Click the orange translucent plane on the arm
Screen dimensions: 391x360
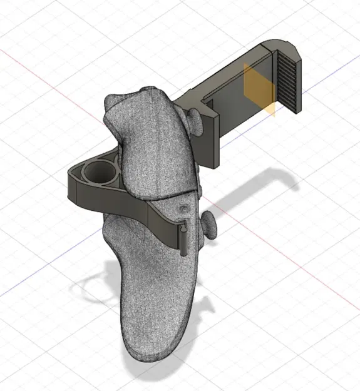pyautogui.click(x=259, y=91)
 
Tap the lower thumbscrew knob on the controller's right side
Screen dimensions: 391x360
pyautogui.click(x=209, y=223)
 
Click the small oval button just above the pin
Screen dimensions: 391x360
pyautogui.click(x=183, y=207)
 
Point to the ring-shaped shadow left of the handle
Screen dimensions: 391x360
pyautogui.click(x=94, y=288)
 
